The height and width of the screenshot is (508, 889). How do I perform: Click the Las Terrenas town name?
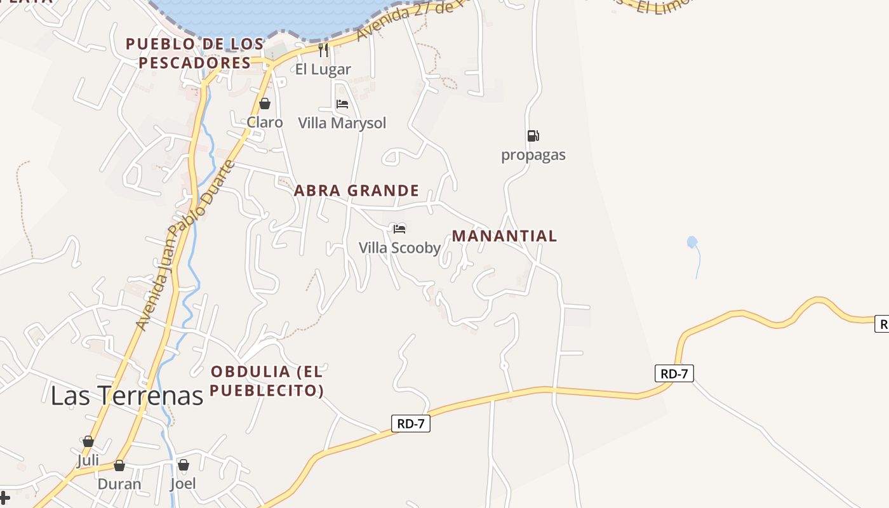pyautogui.click(x=126, y=396)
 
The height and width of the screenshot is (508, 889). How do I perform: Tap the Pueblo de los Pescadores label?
pyautogui.click(x=195, y=53)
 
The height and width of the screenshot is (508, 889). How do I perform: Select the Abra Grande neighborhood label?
pyautogui.click(x=356, y=190)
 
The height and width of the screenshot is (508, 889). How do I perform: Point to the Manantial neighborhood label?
pyautogui.click(x=504, y=236)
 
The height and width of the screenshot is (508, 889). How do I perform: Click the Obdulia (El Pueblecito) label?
pyautogui.click(x=267, y=380)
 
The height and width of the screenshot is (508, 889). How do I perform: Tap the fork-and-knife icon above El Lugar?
pyautogui.click(x=323, y=50)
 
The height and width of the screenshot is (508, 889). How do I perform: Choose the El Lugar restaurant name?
pyautogui.click(x=323, y=69)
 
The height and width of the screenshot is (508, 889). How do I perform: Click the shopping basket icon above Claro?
pyautogui.click(x=265, y=104)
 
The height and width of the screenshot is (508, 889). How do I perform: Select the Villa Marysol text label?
pyautogui.click(x=342, y=123)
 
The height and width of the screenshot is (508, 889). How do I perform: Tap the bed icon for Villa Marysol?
pyautogui.click(x=342, y=104)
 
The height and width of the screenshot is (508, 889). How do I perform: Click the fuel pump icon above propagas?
pyautogui.click(x=533, y=136)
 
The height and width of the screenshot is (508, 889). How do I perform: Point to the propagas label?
pyautogui.click(x=533, y=155)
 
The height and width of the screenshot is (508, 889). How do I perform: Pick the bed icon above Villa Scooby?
pyautogui.click(x=399, y=229)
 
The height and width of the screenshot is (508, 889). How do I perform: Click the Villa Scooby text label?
pyautogui.click(x=399, y=248)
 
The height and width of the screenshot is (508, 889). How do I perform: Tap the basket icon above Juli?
pyautogui.click(x=88, y=441)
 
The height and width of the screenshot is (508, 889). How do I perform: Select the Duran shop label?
pyautogui.click(x=119, y=484)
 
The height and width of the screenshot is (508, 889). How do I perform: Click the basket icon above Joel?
pyautogui.click(x=184, y=465)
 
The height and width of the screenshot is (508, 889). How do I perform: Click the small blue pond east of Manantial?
pyautogui.click(x=692, y=242)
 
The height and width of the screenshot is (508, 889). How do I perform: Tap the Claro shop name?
pyautogui.click(x=265, y=122)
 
